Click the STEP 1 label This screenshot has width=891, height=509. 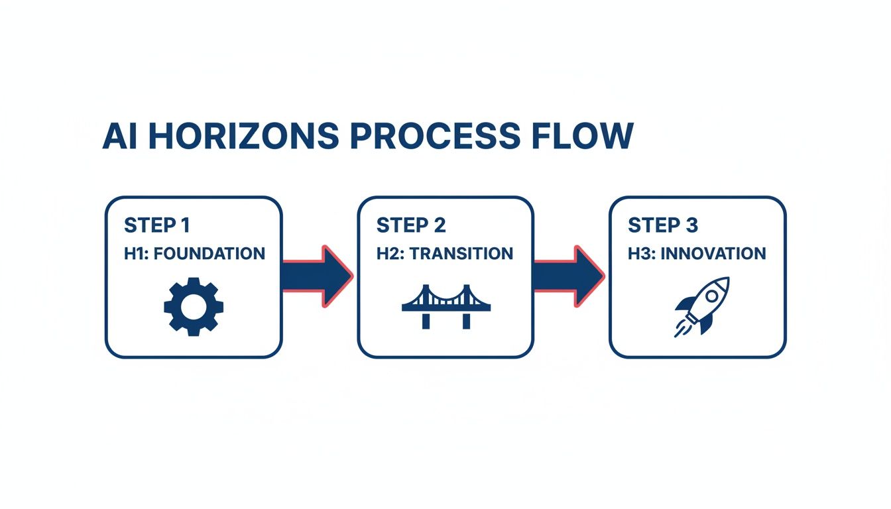point(157,225)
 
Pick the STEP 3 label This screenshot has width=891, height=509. point(663,225)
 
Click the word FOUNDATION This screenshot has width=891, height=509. point(211,253)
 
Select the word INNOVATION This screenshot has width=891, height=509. point(719,253)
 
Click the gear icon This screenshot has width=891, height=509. point(194,306)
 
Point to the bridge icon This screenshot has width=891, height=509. point(446,308)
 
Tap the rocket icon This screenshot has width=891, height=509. point(701,306)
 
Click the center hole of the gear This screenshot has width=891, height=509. point(194,306)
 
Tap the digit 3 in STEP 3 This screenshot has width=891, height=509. point(691,225)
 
